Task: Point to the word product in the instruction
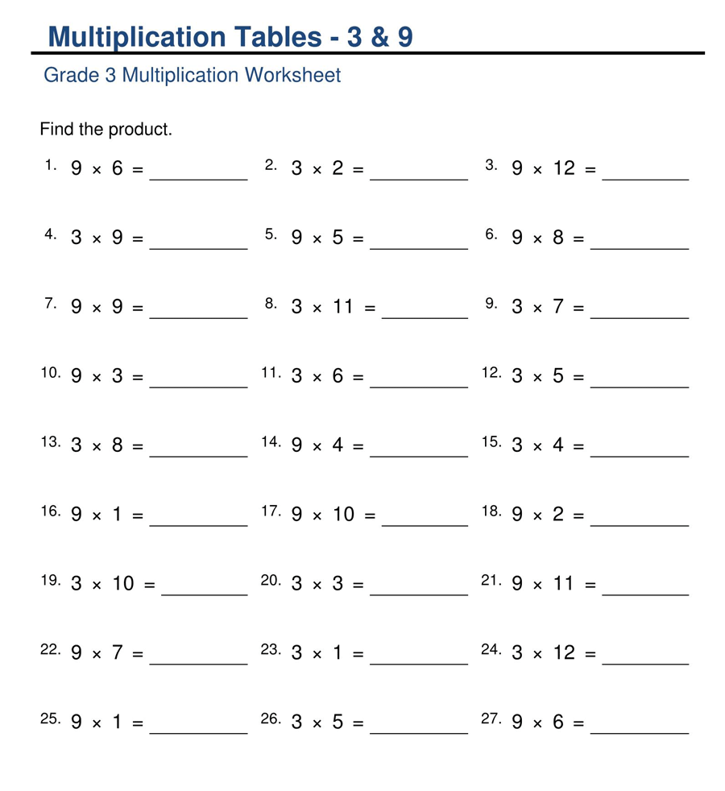(x=138, y=129)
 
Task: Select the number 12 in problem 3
(x=564, y=168)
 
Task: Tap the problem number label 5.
(x=271, y=234)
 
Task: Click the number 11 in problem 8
(x=343, y=307)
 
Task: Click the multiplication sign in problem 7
(x=97, y=308)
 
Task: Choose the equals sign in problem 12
(x=578, y=376)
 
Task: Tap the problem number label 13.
(x=51, y=442)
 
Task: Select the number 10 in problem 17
(x=343, y=515)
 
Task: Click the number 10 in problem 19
(x=123, y=584)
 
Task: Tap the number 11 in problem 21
(x=564, y=584)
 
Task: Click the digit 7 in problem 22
(x=118, y=653)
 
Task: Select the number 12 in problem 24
(x=564, y=653)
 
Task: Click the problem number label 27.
(x=491, y=719)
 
